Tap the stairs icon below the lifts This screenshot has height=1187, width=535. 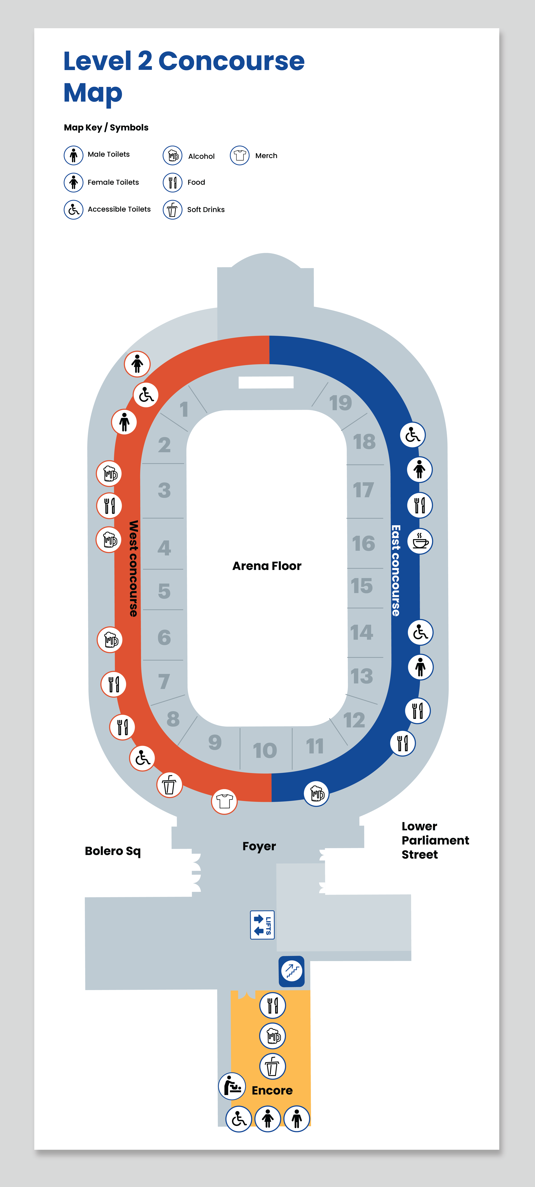(292, 971)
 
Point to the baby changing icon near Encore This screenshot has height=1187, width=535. (232, 1086)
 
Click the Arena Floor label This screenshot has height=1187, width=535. (267, 566)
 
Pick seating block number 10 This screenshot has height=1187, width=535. (265, 750)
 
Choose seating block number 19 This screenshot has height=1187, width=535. (341, 403)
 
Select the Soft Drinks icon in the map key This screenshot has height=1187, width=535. (172, 210)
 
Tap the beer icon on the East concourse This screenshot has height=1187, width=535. (317, 793)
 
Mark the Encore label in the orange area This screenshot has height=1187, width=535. (272, 1090)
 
